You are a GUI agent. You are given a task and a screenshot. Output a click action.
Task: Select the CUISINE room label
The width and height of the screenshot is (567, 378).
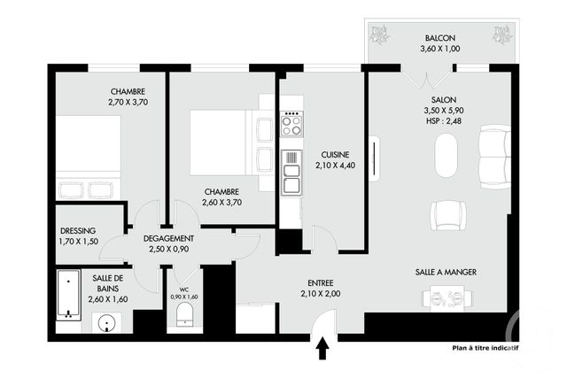point(335,154)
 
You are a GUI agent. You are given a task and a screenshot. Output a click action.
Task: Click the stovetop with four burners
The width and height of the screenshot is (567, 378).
point(291,125)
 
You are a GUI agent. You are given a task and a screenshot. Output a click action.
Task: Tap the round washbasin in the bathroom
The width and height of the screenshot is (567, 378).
point(108,322)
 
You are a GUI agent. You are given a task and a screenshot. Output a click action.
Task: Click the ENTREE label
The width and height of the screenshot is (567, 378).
point(320,283)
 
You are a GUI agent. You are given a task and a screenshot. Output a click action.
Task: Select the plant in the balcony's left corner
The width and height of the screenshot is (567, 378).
point(382,36)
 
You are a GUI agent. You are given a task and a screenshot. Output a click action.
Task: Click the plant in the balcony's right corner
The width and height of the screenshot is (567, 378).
point(501,36)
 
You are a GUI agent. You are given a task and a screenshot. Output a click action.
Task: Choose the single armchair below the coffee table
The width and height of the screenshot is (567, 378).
point(447,214)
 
